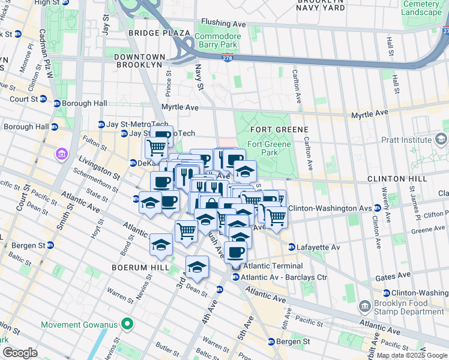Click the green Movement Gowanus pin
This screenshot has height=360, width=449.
pyautogui.click(x=127, y=325)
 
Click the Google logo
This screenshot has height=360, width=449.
pyautogui.click(x=20, y=353)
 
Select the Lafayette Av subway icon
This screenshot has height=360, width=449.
pyautogui.click(x=292, y=247)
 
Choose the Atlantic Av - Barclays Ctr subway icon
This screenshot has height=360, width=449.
pyautogui.click(x=236, y=277)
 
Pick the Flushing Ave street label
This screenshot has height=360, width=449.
pyautogui.click(x=224, y=24)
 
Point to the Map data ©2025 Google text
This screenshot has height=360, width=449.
pyautogui.click(x=412, y=355)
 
